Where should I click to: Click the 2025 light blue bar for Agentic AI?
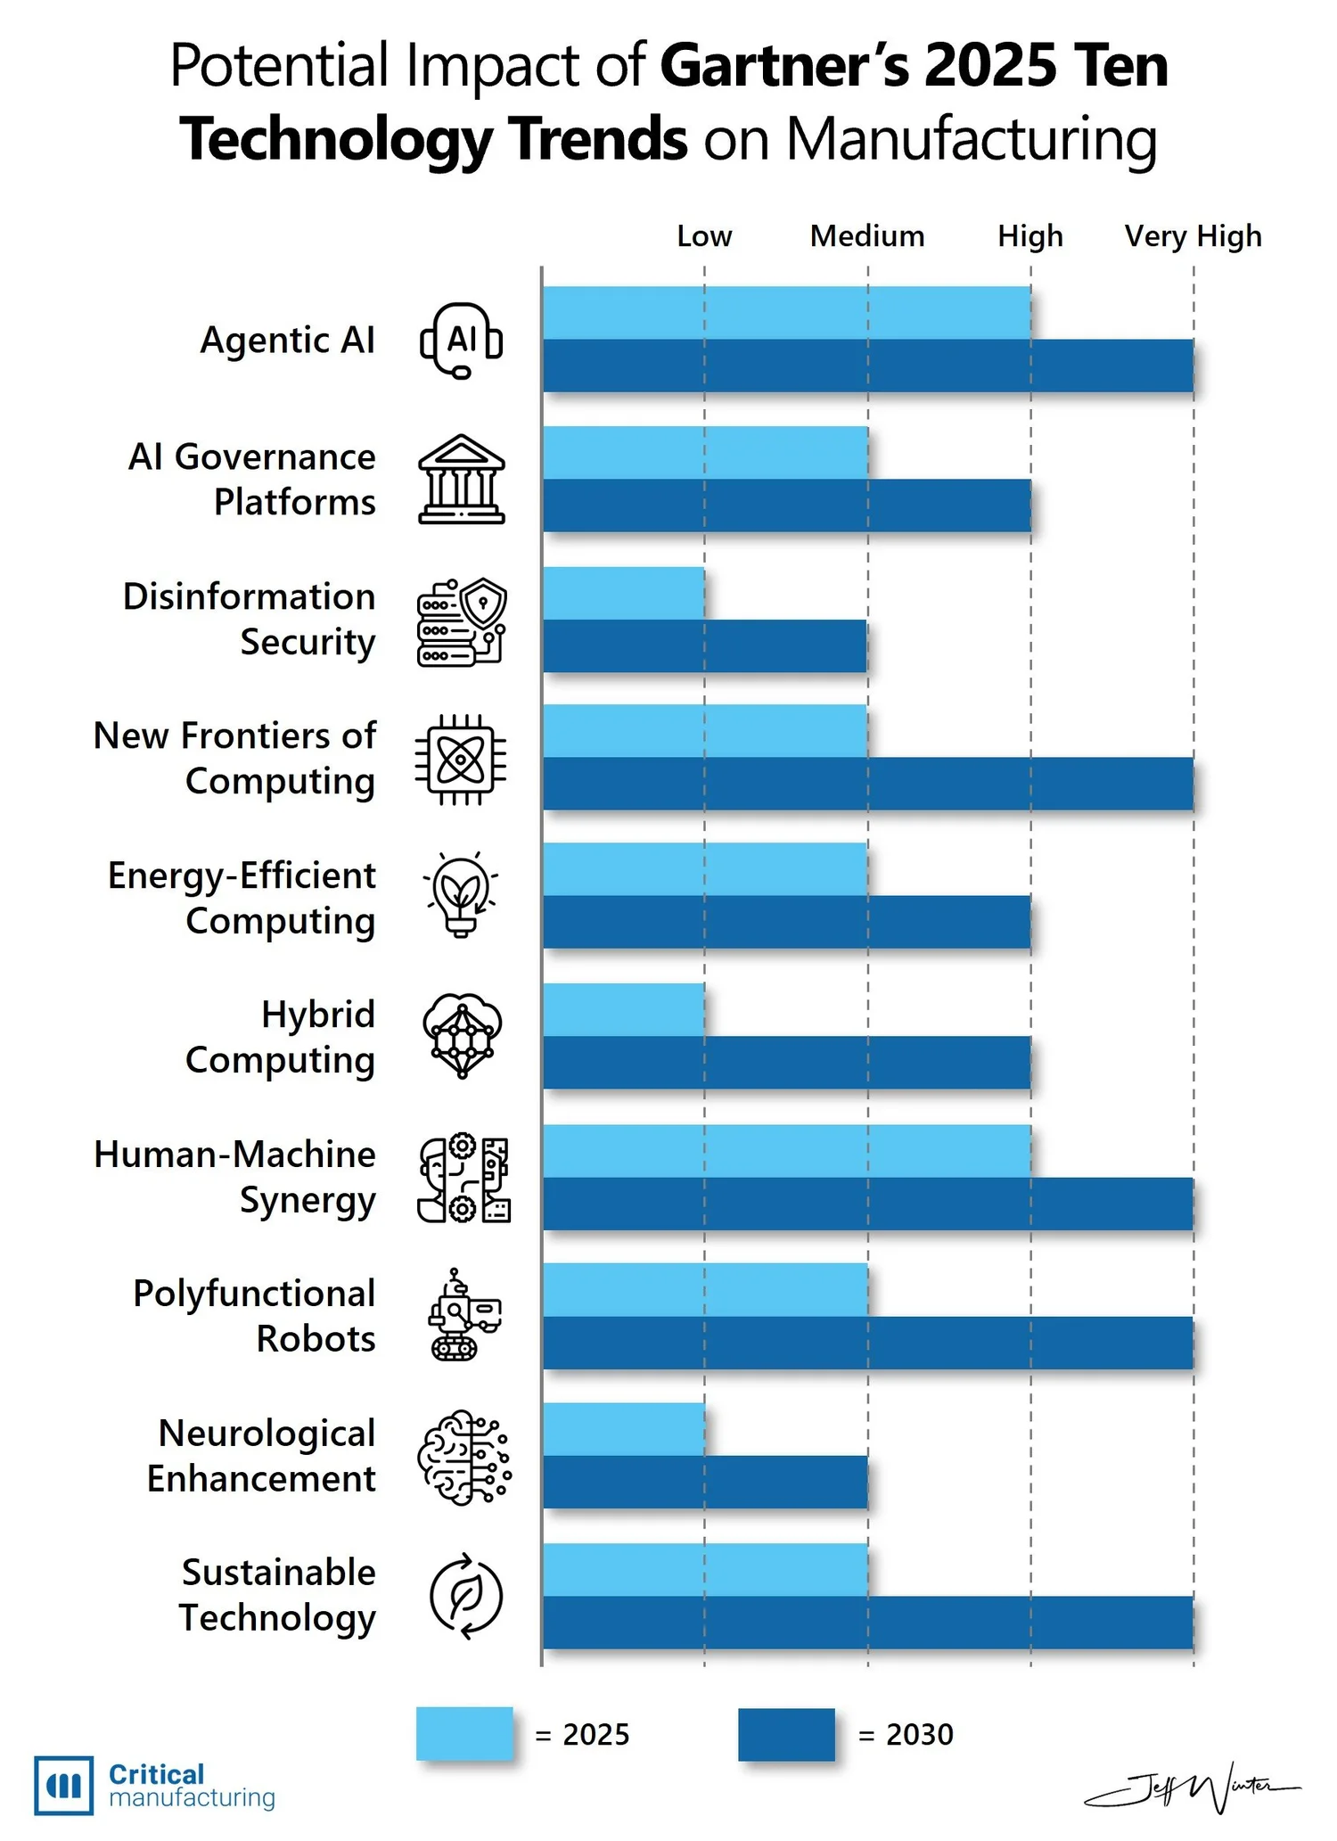[x=786, y=312]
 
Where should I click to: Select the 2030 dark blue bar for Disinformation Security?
[x=704, y=645]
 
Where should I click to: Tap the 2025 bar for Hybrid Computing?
[x=623, y=1009]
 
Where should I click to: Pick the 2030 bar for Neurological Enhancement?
[x=704, y=1482]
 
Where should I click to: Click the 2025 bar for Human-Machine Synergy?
[x=786, y=1150]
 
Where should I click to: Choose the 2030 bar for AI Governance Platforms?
[x=786, y=505]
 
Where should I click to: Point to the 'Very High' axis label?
[x=1193, y=236]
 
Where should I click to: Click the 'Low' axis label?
[x=704, y=236]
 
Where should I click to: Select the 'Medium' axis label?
[x=866, y=236]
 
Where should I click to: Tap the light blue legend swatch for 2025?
[x=464, y=1733]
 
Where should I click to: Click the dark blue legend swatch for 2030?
[x=786, y=1734]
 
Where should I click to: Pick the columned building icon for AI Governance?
[x=461, y=479]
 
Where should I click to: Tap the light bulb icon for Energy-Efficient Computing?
[x=461, y=894]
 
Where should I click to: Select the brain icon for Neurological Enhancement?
[x=463, y=1457]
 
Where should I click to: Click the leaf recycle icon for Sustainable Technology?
[x=465, y=1597]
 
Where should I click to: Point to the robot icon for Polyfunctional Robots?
[x=463, y=1315]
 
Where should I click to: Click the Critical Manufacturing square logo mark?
[x=63, y=1785]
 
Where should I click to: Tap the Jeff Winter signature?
[x=1193, y=1786]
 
